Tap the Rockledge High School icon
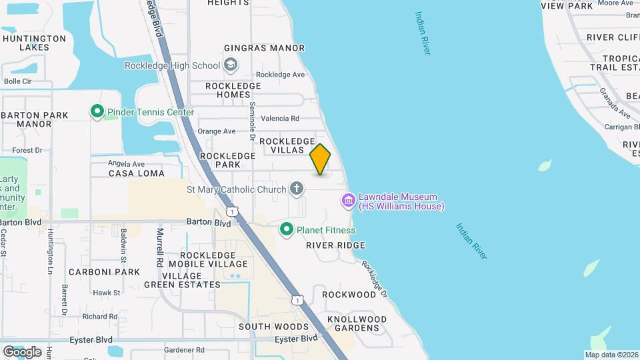point(231,65)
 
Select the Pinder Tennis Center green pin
point(97,112)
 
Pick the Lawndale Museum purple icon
point(348,200)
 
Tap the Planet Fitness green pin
point(287,230)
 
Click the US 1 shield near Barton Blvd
point(231,211)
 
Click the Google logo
point(22,351)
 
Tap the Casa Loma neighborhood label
point(136,173)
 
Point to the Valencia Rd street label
point(281,118)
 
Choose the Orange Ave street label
point(217,131)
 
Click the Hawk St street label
point(107,293)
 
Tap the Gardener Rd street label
point(184,349)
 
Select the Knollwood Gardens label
point(351,323)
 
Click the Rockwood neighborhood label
point(349,294)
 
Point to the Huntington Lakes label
point(34,43)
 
